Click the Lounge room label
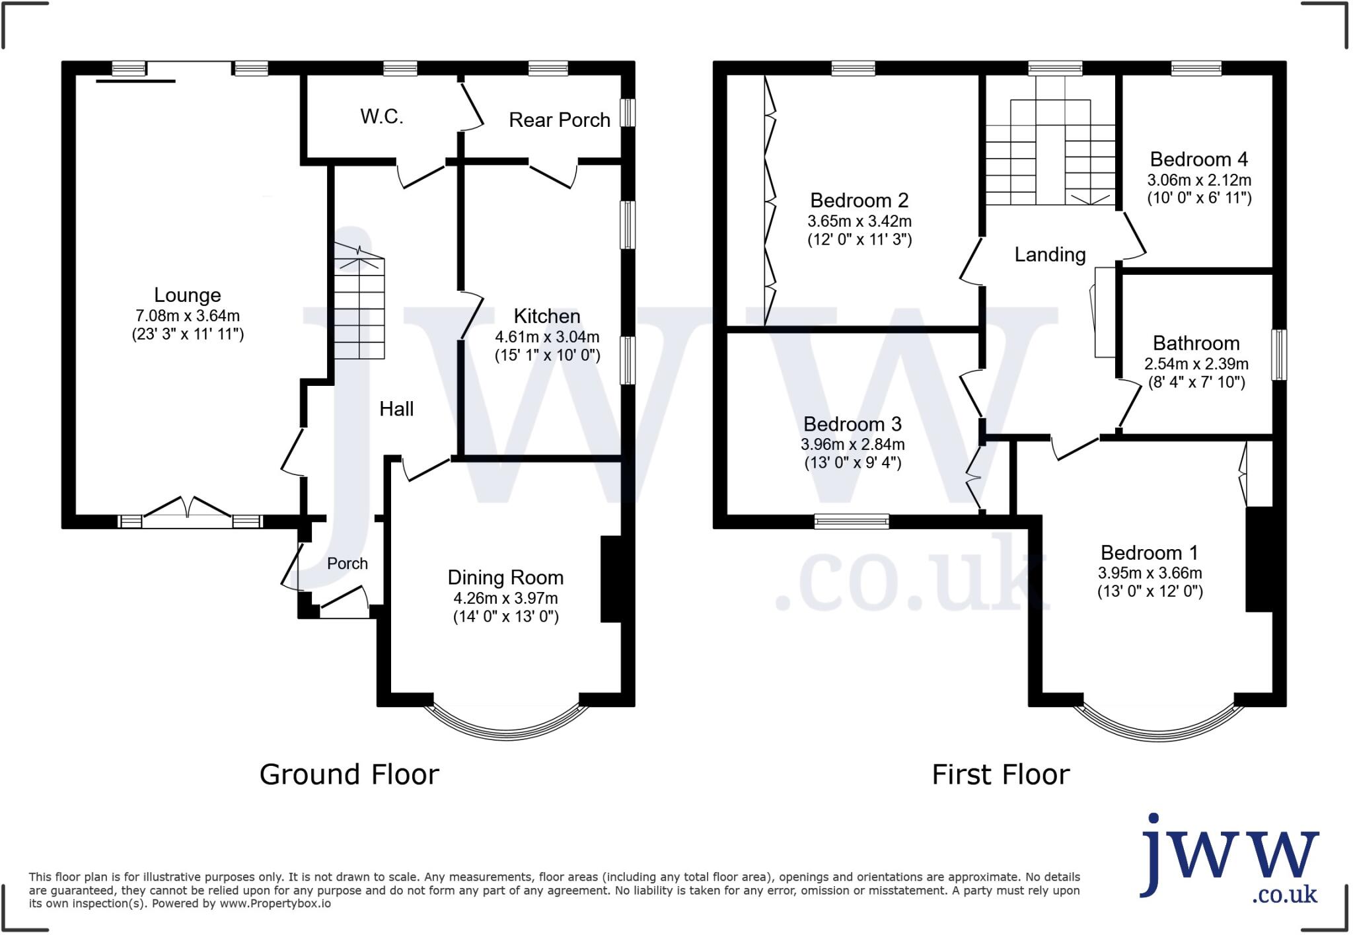[x=187, y=295]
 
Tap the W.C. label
[x=381, y=117]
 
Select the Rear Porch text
[x=559, y=120]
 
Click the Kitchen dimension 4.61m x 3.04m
[x=547, y=337]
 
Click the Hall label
[x=396, y=409]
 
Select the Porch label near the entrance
[x=347, y=564]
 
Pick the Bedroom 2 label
[x=859, y=200]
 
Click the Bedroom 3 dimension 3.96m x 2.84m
[x=852, y=445]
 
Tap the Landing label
[x=1050, y=254]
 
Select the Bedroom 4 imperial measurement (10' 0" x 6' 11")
[x=1199, y=198]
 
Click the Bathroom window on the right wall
[x=1279, y=354]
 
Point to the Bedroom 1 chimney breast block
[x=1259, y=559]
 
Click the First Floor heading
[x=1000, y=774]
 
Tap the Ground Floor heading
[x=349, y=774]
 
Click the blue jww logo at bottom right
[x=1229, y=859]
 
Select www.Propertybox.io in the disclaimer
[x=275, y=904]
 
